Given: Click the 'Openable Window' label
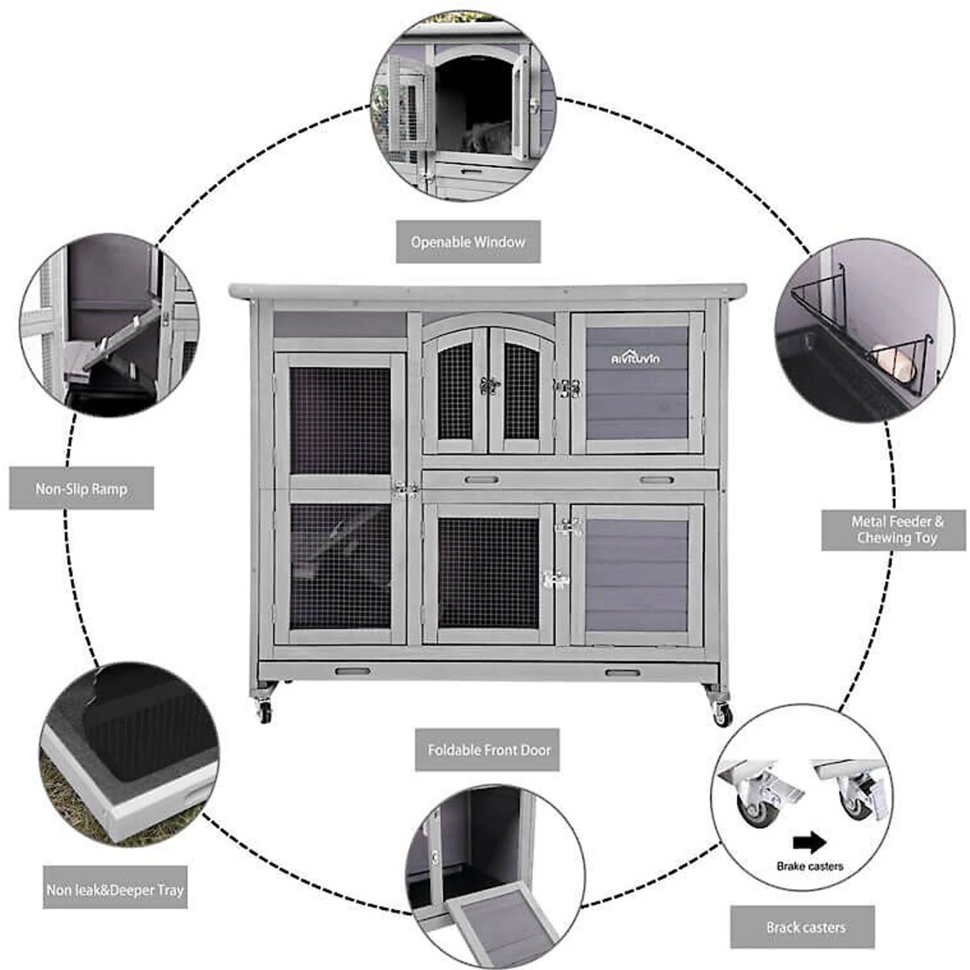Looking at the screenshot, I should [x=468, y=242].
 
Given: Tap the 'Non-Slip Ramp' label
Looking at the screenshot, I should [x=81, y=488].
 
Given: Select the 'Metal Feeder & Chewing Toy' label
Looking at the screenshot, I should [x=894, y=530].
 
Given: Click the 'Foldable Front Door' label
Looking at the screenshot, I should [x=487, y=749].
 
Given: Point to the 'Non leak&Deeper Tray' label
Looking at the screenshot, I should [x=115, y=890].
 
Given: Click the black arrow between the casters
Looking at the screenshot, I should [x=809, y=842].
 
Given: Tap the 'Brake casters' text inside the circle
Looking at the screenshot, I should [x=810, y=866].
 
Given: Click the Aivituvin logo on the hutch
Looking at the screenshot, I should [x=636, y=358].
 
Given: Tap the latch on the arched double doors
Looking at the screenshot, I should [x=490, y=386].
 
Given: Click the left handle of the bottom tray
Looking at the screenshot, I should [x=352, y=671].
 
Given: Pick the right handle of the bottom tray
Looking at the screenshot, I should [x=622, y=673].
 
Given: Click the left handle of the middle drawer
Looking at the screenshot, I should [x=482, y=480].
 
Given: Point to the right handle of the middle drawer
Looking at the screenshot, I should [x=657, y=480].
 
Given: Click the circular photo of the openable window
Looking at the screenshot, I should [x=464, y=107].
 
